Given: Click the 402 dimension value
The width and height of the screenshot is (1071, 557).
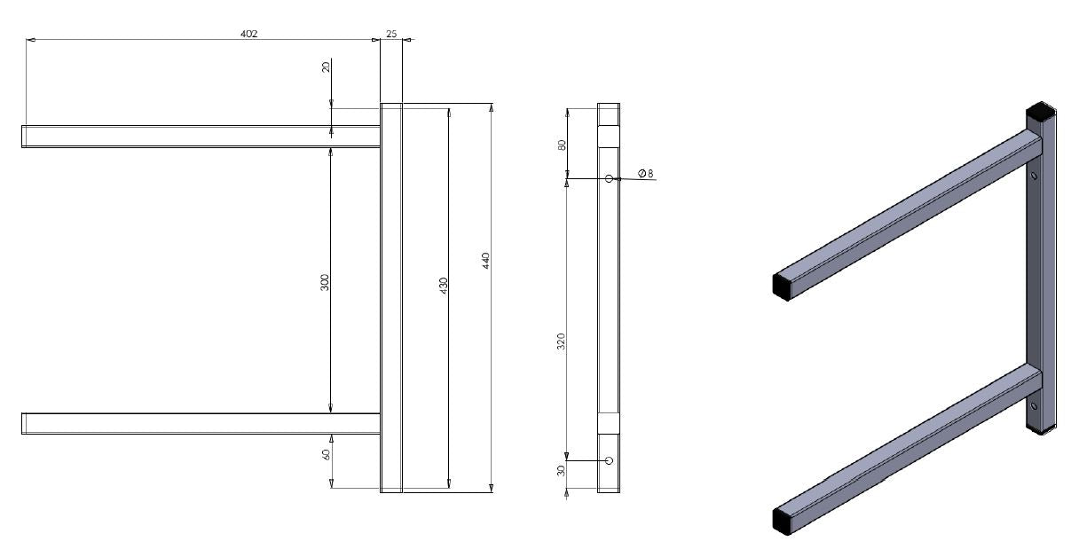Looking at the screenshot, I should point(249,34).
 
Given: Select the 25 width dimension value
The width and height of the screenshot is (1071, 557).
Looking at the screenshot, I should point(391,34).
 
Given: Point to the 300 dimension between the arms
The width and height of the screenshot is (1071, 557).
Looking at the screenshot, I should point(325,282).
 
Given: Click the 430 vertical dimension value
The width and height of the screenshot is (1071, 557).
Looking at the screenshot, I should point(444,286).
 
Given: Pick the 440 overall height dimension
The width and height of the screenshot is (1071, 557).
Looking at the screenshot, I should point(485,260).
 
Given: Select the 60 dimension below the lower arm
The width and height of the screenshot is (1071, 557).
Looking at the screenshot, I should point(326,454).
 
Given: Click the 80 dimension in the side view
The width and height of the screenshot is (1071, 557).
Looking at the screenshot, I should point(562,144).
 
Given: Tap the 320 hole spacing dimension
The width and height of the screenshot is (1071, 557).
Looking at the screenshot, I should point(561,341).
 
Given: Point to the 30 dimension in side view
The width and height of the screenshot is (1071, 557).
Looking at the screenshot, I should point(561,471).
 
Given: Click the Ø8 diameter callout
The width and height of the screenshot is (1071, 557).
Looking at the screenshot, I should point(646,174).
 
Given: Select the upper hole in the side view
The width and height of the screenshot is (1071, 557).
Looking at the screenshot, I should point(609,178).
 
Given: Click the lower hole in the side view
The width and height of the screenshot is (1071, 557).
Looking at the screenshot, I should point(609,460).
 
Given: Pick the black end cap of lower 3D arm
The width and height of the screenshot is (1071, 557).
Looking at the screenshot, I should point(781,521).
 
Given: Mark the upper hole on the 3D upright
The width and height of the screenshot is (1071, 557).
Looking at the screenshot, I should point(1035,176).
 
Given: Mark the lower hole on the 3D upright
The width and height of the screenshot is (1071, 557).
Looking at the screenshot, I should point(1035,407).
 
